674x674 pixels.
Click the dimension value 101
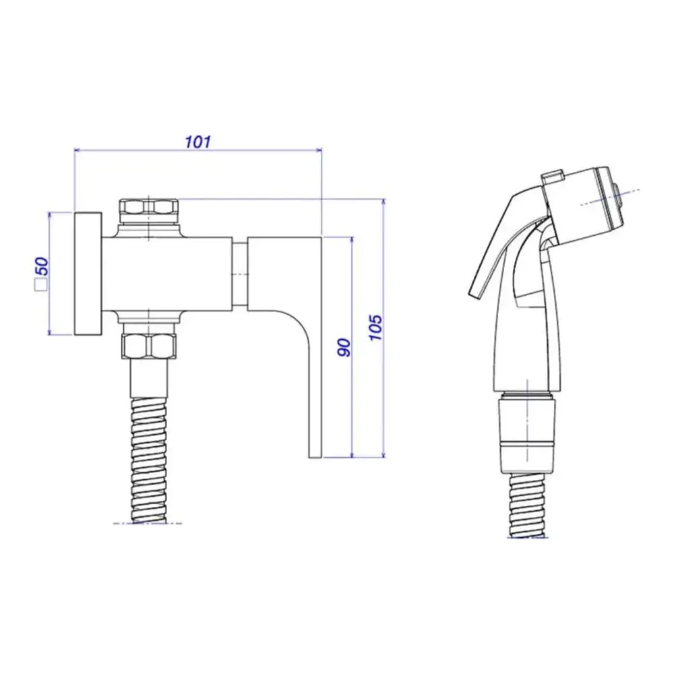[198, 142]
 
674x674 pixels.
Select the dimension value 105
[376, 328]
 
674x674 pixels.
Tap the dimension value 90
[344, 347]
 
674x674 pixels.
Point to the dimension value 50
[42, 266]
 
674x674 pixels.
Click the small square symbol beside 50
[41, 286]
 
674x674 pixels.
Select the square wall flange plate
[88, 274]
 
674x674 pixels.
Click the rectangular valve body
[168, 274]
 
